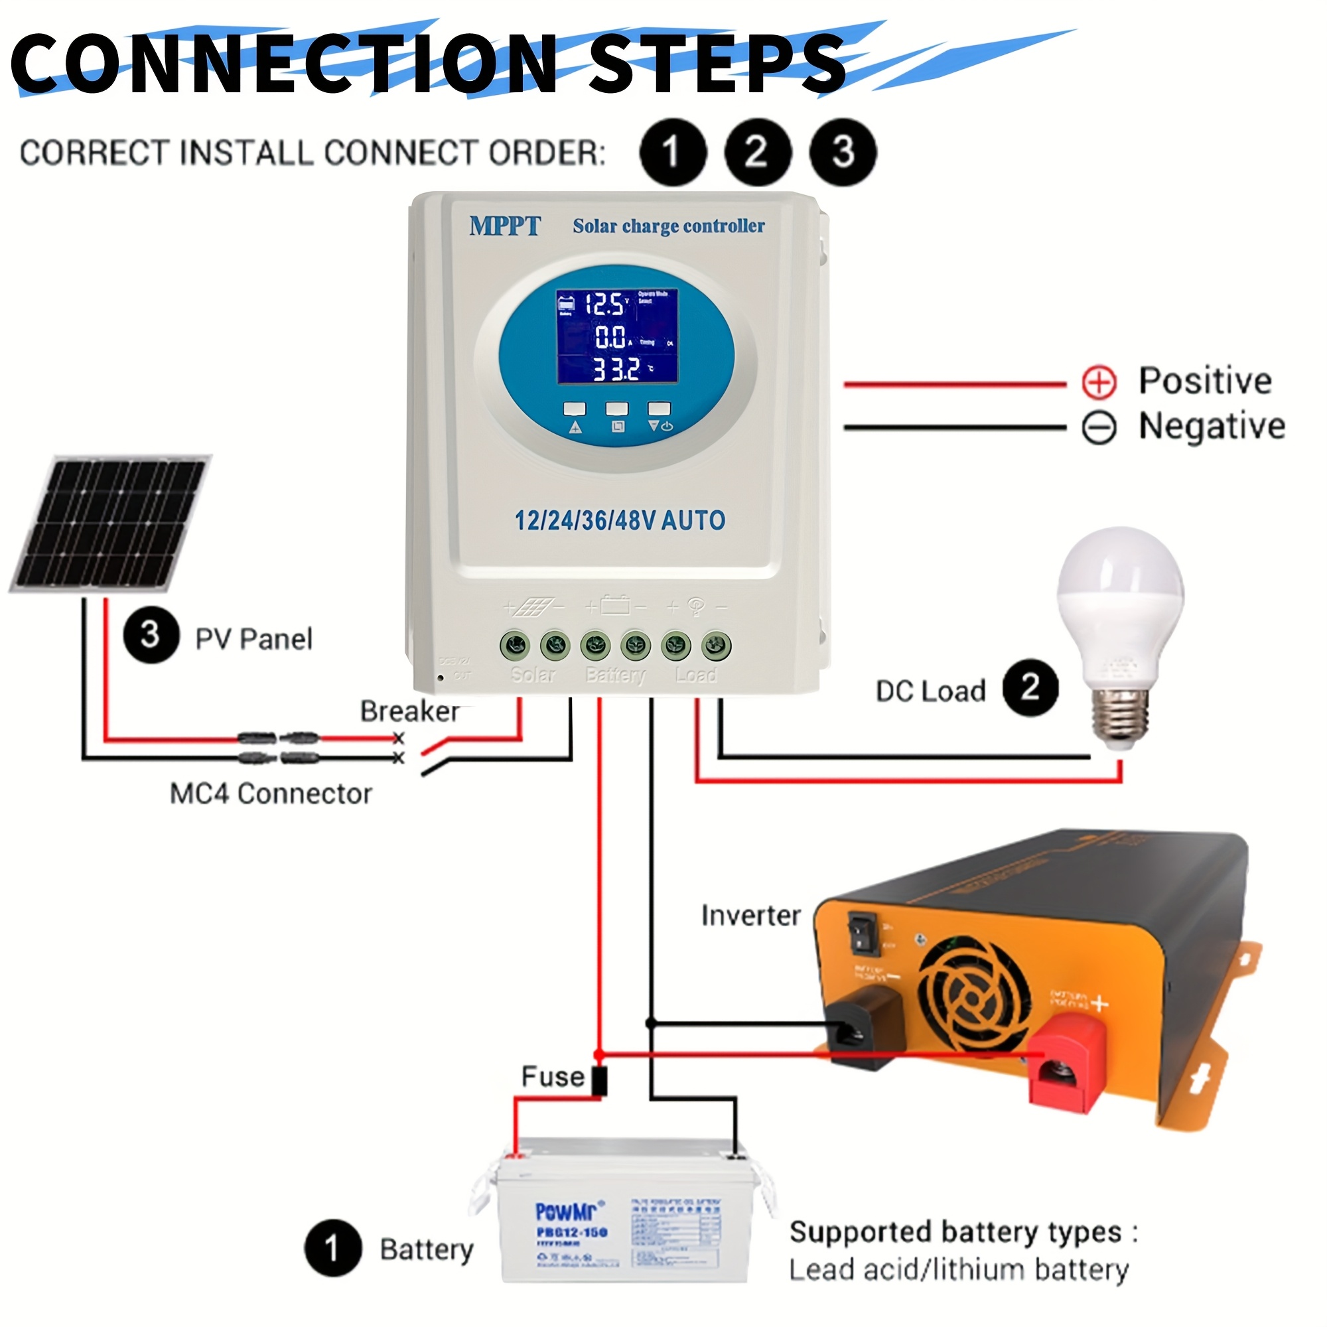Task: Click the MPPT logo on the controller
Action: pos(505,226)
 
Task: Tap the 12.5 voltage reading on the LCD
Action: pos(605,305)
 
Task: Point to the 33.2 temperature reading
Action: pos(617,370)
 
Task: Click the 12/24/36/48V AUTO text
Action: pos(620,521)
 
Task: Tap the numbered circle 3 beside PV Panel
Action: pos(151,636)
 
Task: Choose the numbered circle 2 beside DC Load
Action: pos(1030,687)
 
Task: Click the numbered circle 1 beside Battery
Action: pos(333,1248)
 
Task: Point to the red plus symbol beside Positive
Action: pos(1099,382)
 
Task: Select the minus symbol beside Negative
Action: pos(1099,428)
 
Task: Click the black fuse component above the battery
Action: pos(600,1080)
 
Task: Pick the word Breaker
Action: pos(410,711)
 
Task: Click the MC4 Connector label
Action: pos(271,794)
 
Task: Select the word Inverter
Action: pos(750,916)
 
